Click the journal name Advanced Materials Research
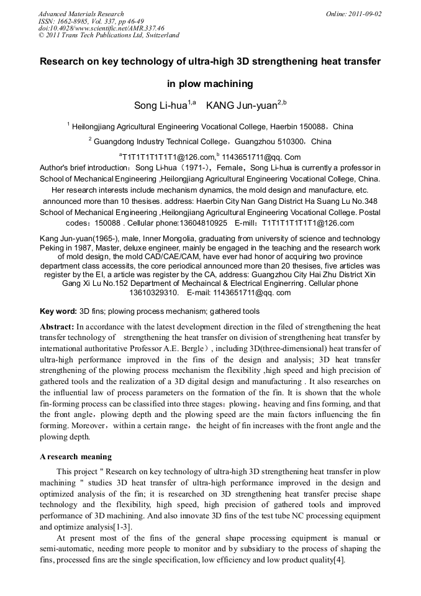[x=81, y=14]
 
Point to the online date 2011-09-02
[x=363, y=14]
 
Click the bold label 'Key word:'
[x=58, y=311]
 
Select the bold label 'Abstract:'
[x=57, y=326]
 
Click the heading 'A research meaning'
[x=76, y=457]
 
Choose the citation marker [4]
[x=338, y=560]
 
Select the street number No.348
[x=364, y=201]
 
